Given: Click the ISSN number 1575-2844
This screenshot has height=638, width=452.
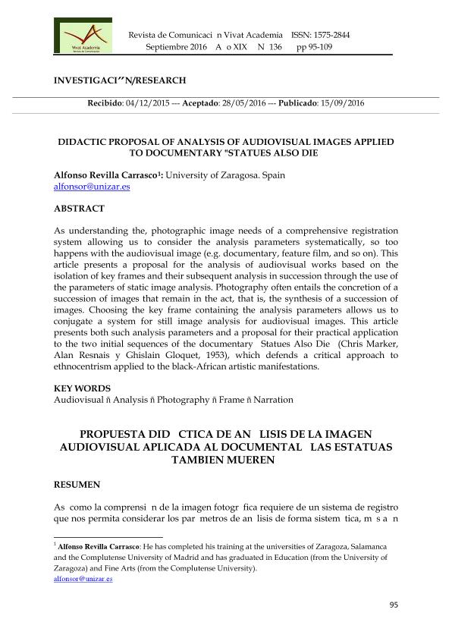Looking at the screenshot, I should pos(331,35).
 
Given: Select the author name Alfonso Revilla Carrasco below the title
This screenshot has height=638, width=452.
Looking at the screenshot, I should pos(105,174).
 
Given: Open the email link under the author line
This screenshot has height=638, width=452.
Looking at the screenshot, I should pos(81,186).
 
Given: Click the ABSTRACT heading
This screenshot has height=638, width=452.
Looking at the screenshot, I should pos(79,208).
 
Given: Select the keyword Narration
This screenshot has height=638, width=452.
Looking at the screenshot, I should pos(273,399).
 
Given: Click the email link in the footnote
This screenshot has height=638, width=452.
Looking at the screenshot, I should pos(83,578).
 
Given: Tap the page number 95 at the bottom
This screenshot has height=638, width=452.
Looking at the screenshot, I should pos(393,605).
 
